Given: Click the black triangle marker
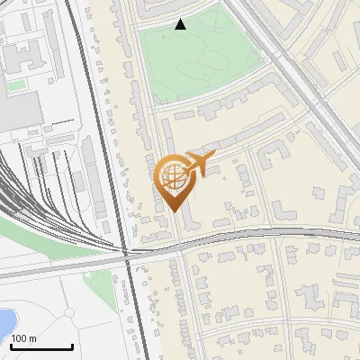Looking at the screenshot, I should pos(181,24).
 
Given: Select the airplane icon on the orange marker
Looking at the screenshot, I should pos(199,165).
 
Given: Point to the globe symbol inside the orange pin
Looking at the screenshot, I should pos(173,176).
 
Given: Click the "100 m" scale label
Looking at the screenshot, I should pos(24,338).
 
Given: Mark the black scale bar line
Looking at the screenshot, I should pos(41,346).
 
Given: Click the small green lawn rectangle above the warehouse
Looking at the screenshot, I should pos(16,85).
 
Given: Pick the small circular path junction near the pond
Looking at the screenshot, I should pos(67,312).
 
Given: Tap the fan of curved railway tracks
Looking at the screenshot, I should pos(27,189).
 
